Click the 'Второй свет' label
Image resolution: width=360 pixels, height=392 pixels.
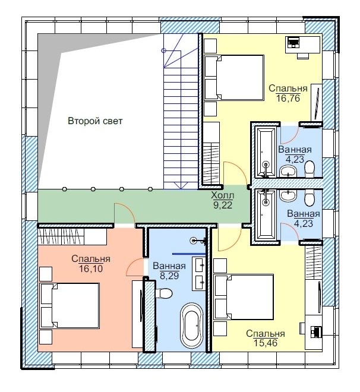click(x=95, y=121)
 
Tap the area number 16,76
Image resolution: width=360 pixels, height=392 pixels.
click(x=288, y=98)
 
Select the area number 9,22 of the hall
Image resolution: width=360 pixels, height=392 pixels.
click(x=223, y=205)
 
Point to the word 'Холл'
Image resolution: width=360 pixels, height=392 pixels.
click(x=223, y=195)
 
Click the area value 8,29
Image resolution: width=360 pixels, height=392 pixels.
click(x=169, y=276)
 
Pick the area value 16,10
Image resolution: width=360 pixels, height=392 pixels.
click(x=91, y=268)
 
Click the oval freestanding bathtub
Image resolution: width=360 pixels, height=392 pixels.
click(x=192, y=325)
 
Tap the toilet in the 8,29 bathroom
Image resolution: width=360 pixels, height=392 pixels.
click(x=163, y=293)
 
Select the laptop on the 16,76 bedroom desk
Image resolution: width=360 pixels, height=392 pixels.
click(x=293, y=42)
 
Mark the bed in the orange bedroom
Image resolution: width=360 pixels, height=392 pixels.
click(x=70, y=305)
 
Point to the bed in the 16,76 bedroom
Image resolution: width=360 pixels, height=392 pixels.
click(x=234, y=78)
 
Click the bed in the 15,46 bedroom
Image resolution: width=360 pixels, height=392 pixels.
click(x=244, y=297)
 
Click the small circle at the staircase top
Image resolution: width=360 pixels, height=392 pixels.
click(x=164, y=50)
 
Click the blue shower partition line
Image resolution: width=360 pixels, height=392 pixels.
click(x=189, y=254)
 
